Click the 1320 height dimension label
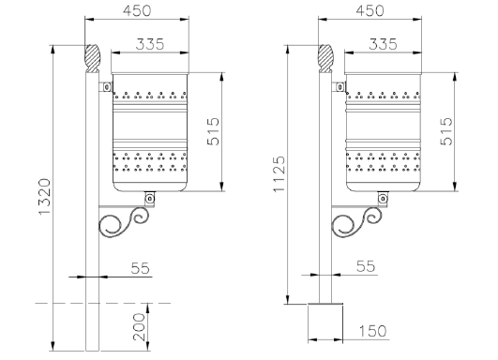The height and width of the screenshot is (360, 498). (45, 197)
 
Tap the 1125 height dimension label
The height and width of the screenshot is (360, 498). (279, 174)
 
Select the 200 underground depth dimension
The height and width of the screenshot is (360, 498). (139, 326)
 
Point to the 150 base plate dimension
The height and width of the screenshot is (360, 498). (373, 331)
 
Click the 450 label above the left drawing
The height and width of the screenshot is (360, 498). (137, 11)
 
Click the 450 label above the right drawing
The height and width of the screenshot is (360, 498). (370, 11)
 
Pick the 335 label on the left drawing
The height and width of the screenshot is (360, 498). (150, 44)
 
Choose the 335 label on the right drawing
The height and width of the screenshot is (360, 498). (383, 44)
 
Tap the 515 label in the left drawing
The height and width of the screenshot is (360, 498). (213, 131)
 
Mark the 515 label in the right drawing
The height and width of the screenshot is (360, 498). (446, 131)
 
